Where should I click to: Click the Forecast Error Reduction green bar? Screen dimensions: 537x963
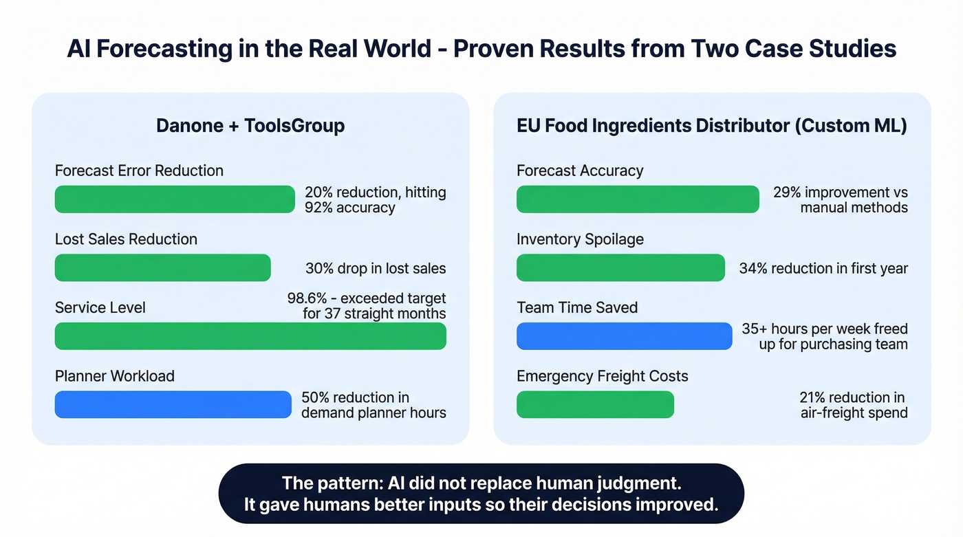(175, 199)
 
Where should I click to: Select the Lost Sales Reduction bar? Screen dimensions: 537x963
(163, 268)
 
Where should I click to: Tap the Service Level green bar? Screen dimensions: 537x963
(250, 336)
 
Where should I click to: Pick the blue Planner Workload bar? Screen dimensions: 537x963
(173, 405)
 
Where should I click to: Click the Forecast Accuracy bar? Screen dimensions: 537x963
(638, 199)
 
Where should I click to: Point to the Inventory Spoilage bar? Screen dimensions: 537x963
(620, 268)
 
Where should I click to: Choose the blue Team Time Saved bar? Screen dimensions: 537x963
(624, 336)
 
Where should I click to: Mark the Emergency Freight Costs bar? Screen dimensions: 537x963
(595, 405)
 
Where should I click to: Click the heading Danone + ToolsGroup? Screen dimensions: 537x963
(250, 126)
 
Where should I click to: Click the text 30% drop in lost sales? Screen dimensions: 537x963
(376, 269)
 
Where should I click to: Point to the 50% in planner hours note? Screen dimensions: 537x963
(316, 397)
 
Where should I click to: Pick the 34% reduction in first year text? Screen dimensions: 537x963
(823, 269)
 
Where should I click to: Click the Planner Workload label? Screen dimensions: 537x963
(115, 376)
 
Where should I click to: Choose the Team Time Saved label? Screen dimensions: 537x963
(577, 307)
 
